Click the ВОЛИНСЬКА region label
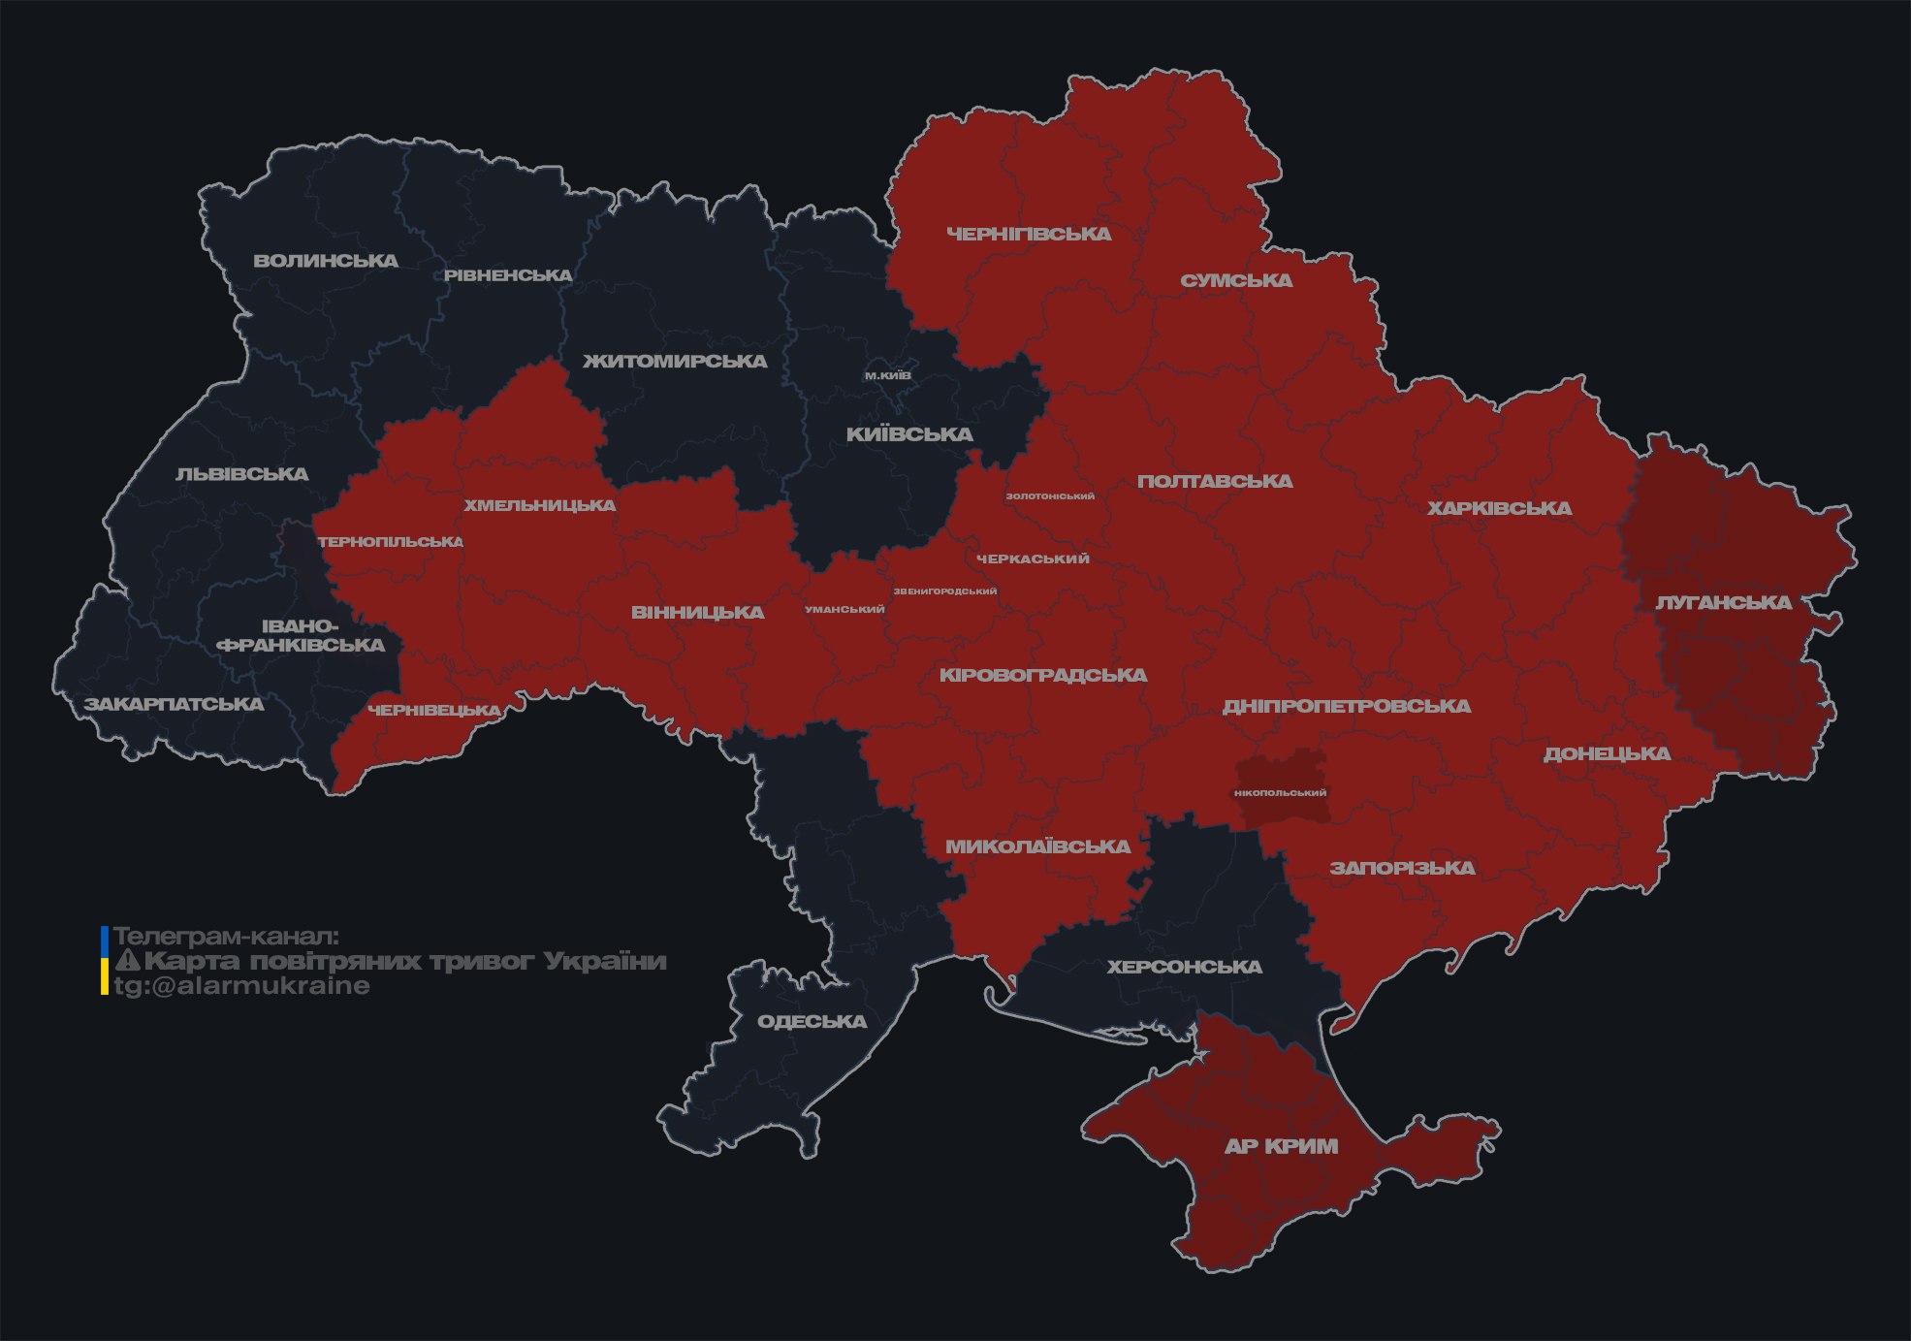click(326, 261)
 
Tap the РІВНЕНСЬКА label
click(508, 275)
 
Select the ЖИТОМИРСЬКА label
click(675, 362)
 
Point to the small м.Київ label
click(888, 375)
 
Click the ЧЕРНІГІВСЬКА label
click(1029, 235)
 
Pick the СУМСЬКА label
click(1236, 281)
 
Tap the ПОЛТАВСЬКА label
click(1215, 482)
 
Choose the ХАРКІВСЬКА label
click(1499, 509)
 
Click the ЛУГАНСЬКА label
click(1723, 603)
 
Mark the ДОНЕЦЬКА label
click(1607, 754)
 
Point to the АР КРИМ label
click(1281, 1146)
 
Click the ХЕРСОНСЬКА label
click(1184, 968)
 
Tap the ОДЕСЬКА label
click(812, 1022)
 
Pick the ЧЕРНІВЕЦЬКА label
click(434, 711)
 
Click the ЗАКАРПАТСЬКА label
click(174, 704)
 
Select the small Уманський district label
click(844, 610)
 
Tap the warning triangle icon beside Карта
click(128, 961)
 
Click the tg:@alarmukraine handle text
click(242, 986)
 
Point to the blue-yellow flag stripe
click(105, 960)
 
